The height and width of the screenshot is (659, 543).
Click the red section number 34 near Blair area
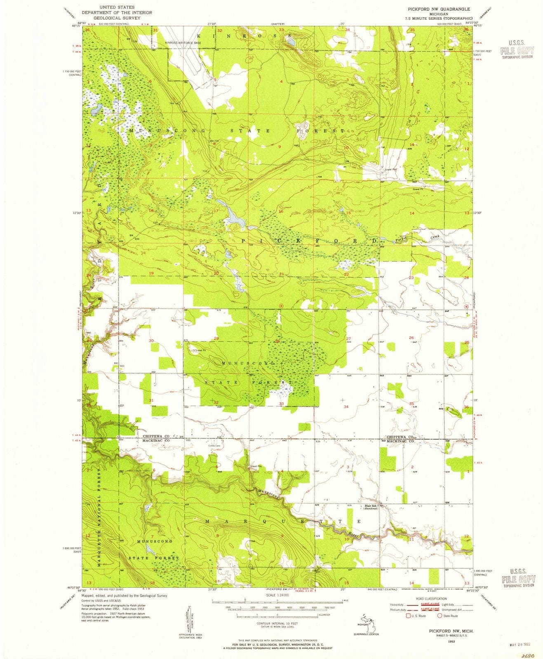(346, 407)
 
